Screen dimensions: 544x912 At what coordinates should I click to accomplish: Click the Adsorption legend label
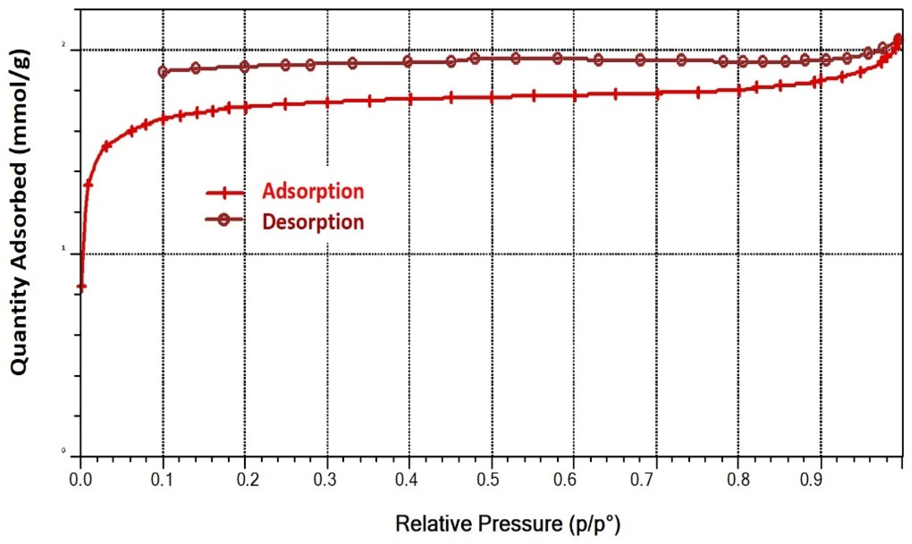click(313, 192)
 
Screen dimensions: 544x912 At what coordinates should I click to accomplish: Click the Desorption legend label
click(313, 222)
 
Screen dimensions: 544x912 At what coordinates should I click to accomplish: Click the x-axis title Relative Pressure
click(508, 524)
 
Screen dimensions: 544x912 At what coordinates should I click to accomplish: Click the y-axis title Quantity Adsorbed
click(19, 212)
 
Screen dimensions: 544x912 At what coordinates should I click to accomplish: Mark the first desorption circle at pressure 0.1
click(163, 71)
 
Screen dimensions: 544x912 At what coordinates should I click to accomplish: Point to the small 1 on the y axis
click(64, 248)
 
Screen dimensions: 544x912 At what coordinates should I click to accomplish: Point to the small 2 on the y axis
click(64, 44)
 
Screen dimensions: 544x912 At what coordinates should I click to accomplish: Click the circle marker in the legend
click(224, 219)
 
